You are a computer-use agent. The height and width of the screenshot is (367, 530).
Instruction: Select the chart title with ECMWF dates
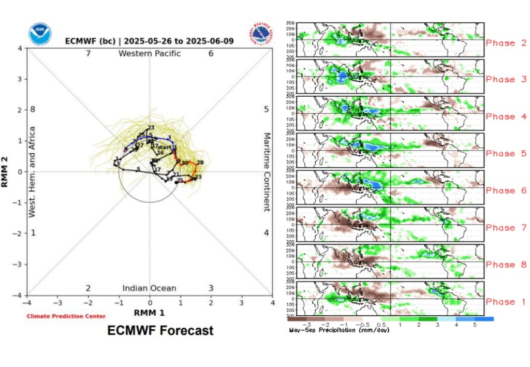[150, 41]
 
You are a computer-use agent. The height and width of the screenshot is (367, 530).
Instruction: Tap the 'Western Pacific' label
[150, 53]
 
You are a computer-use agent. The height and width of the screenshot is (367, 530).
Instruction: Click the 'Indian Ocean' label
[149, 288]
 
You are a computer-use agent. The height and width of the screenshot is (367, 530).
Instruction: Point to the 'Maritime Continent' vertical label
[267, 172]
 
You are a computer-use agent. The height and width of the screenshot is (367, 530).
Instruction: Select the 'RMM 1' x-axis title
[150, 313]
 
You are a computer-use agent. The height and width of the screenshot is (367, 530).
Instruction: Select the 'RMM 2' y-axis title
[10, 172]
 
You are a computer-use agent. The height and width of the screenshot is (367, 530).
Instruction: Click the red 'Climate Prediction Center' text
[66, 316]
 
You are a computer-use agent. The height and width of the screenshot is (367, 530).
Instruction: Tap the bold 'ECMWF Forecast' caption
[160, 330]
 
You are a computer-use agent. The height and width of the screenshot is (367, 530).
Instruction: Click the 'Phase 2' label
[506, 43]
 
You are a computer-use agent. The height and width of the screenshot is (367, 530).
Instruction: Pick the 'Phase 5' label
[506, 154]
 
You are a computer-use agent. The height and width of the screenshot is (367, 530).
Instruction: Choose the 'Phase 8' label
[506, 265]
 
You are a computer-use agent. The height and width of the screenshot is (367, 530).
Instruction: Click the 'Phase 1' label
[506, 302]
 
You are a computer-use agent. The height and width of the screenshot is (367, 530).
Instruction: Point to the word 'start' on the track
[164, 148]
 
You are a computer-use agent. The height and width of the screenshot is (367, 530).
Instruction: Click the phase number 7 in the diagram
[89, 53]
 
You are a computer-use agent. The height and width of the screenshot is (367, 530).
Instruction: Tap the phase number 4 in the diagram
[266, 233]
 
